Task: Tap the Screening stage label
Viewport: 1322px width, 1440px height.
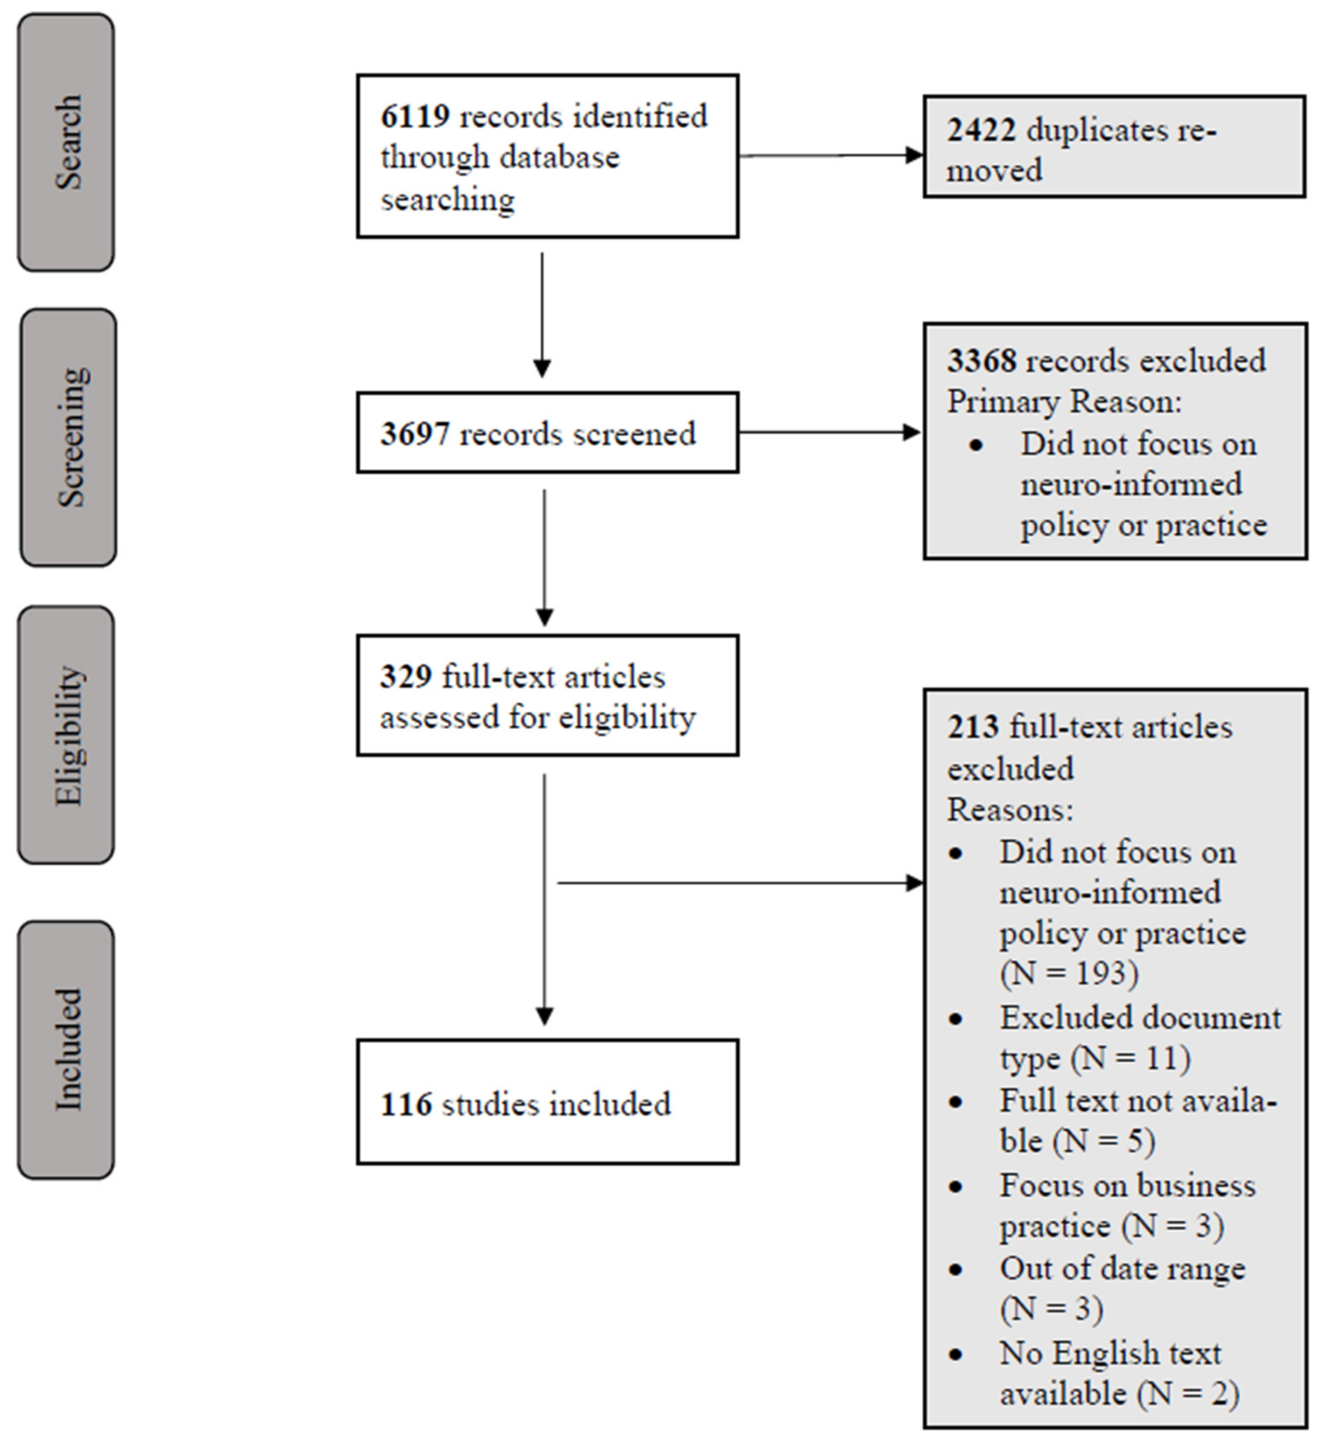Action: (x=69, y=438)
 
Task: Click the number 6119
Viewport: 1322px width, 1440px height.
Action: (x=415, y=117)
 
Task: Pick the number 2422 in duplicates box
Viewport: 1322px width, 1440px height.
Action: (x=981, y=131)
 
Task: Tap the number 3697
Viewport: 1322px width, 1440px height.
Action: (x=415, y=434)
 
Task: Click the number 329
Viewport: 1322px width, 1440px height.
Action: (x=406, y=676)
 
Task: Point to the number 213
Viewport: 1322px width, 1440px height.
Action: (x=973, y=727)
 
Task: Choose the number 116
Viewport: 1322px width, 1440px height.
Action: (x=406, y=1104)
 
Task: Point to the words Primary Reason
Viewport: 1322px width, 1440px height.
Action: (x=1064, y=402)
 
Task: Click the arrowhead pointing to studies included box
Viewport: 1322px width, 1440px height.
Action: (x=544, y=1016)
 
